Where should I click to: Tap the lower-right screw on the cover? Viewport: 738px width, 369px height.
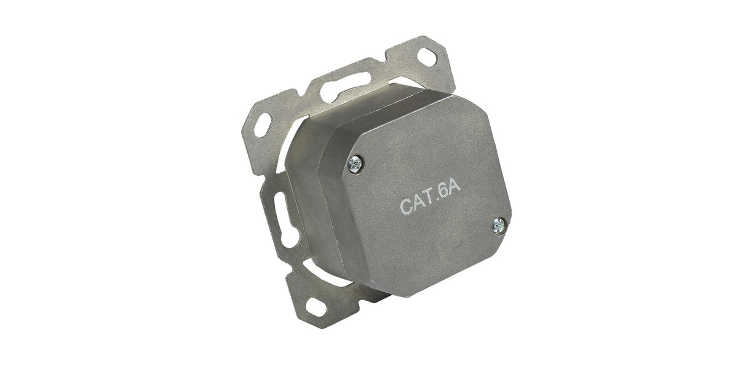[499, 226]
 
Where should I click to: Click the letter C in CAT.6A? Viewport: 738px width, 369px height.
[407, 205]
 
